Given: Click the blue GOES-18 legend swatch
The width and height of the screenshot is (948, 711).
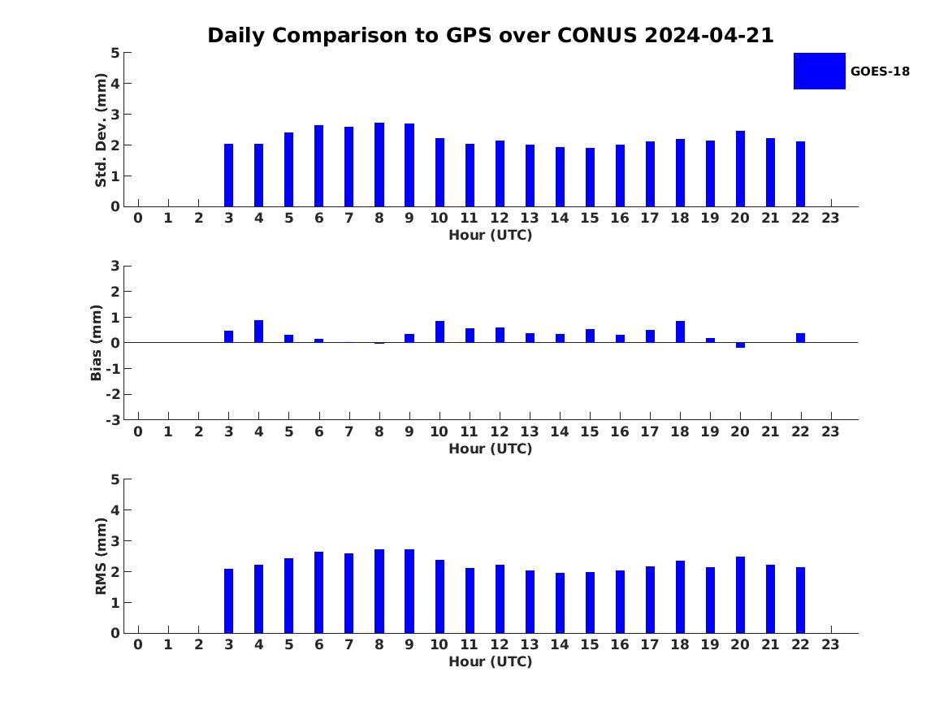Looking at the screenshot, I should click(x=819, y=71).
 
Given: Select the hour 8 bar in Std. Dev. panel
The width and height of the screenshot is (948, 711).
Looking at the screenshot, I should click(x=379, y=165).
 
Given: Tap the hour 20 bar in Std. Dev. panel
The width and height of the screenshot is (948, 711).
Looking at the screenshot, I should click(x=740, y=169).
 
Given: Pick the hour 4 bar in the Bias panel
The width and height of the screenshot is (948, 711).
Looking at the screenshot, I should click(x=258, y=332).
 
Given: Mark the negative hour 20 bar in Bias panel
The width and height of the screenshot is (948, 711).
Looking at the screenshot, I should click(x=740, y=345).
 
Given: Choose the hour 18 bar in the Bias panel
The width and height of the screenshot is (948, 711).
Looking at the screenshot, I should click(x=680, y=332).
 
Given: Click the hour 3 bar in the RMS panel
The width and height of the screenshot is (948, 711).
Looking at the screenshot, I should click(x=228, y=601).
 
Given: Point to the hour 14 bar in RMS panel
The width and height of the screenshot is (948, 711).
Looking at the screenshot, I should click(x=560, y=603).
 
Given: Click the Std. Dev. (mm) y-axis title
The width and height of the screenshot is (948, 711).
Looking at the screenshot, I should click(x=102, y=130).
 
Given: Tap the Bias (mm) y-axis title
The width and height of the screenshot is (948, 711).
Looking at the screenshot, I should click(x=97, y=343).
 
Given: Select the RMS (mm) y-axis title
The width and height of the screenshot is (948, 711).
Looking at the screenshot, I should click(x=102, y=556).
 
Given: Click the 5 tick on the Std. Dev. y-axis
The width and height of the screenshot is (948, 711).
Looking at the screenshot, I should click(x=115, y=54).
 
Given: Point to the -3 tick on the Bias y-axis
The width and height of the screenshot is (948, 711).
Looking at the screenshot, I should click(x=114, y=420).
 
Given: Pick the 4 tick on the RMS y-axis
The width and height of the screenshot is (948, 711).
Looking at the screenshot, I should click(x=115, y=510).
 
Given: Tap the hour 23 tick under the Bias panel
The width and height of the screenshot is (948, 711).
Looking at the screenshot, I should click(x=830, y=431).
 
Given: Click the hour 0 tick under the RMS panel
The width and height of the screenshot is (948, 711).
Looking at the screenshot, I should click(x=138, y=644).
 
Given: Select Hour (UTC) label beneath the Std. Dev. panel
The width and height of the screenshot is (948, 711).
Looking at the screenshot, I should click(x=490, y=236).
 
